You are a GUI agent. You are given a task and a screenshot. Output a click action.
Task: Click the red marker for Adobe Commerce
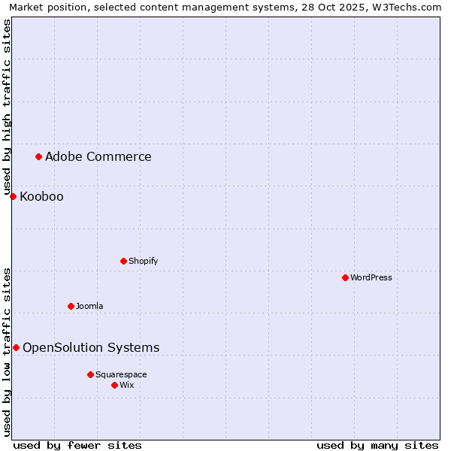click(x=38, y=156)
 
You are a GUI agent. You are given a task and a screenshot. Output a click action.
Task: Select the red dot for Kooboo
click(x=13, y=196)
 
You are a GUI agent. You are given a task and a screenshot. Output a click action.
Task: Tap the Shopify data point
click(x=123, y=261)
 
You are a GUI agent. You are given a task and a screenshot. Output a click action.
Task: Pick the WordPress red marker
click(x=345, y=277)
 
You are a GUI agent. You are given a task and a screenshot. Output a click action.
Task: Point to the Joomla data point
click(x=71, y=306)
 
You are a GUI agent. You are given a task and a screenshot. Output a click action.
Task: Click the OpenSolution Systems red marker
click(x=16, y=347)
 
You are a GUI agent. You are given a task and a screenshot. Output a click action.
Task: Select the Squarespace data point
click(x=90, y=374)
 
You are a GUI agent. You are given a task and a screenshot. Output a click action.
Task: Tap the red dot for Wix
click(x=114, y=385)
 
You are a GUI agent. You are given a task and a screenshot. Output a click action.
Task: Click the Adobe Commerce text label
click(x=98, y=156)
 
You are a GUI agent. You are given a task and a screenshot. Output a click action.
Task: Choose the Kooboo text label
click(x=41, y=197)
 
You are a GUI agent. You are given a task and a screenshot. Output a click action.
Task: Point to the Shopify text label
click(x=143, y=261)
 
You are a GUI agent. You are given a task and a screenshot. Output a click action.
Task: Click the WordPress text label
click(x=371, y=277)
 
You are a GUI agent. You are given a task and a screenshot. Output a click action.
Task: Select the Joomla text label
click(x=89, y=306)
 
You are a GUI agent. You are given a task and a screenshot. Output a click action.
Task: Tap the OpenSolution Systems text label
click(x=91, y=347)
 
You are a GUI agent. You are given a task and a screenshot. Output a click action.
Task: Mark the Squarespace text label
click(x=121, y=374)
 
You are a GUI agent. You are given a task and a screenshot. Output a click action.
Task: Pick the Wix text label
click(x=127, y=385)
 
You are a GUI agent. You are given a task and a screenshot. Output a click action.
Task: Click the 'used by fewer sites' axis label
click(x=77, y=445)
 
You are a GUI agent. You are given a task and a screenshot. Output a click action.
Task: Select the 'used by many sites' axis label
click(x=377, y=445)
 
